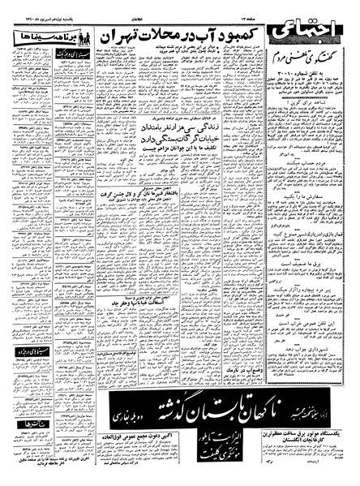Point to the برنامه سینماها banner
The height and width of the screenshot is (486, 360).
(38, 38)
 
